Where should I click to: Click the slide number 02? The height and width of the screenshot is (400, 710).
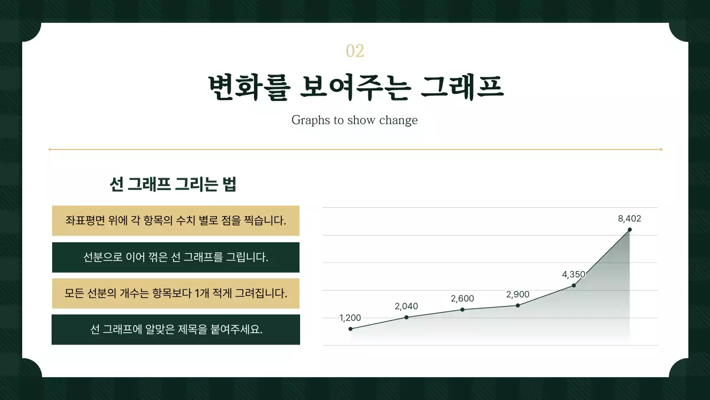pos(355,51)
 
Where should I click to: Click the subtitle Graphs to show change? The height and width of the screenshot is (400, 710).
pos(354,120)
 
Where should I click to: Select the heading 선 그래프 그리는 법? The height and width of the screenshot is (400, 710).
pos(174,184)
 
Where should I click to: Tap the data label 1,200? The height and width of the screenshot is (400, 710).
pos(350,318)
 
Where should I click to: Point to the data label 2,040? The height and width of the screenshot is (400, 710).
pos(407,306)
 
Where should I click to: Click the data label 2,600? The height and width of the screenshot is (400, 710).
pos(463,298)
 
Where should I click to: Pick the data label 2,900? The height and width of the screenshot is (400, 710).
pos(518,294)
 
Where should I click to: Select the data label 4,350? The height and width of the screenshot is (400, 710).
pos(574,274)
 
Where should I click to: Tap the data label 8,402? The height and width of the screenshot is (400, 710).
pos(630,218)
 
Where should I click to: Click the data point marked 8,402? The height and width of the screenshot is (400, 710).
pos(630,229)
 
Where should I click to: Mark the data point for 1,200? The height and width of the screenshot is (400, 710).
pos(351,329)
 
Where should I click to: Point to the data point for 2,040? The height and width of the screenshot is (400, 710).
pos(407,317)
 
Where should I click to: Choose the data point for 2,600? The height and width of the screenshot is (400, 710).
pos(463,309)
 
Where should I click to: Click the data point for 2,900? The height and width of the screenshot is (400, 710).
pos(518,305)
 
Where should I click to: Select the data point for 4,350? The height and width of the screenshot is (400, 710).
pos(574,286)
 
